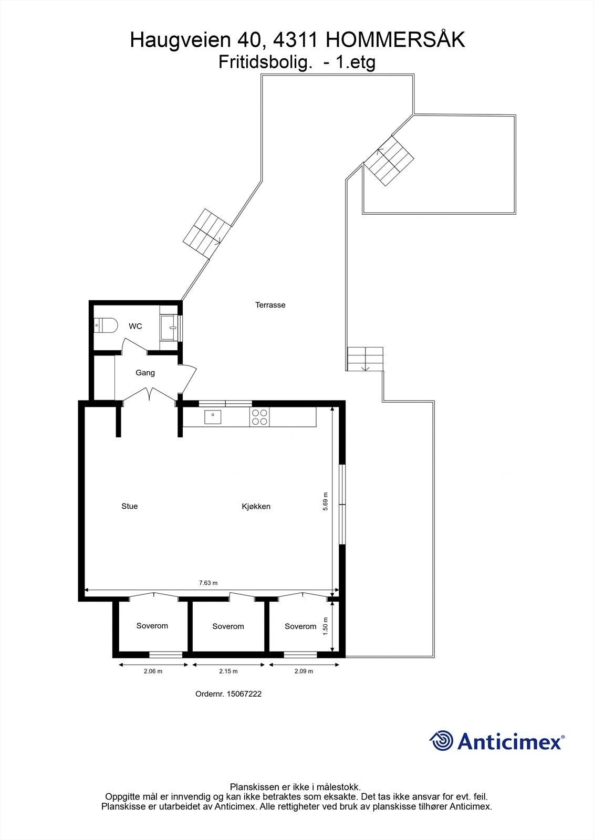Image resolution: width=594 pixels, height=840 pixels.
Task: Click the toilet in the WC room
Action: pos(105,325)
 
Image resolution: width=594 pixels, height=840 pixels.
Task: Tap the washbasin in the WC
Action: pos(170,328)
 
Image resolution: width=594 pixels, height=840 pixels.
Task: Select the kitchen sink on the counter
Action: pos(213,417)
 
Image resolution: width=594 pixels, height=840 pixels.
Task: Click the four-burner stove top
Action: pos(260,417)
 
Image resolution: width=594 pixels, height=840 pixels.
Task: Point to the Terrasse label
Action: pos(270,305)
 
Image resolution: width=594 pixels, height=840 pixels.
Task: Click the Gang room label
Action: pos(145,373)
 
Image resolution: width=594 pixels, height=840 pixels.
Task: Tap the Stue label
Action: pos(130,506)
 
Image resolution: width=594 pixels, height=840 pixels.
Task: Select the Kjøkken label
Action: pos(256,507)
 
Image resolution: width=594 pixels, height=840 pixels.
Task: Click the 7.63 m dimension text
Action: pos(209,583)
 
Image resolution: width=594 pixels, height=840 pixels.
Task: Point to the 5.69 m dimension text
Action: pos(326,501)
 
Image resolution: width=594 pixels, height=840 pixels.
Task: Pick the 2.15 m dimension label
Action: pos(228,671)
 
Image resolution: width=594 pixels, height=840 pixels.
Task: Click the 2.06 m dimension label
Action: pos(153,671)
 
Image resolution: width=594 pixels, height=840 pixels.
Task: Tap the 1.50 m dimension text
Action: pos(326,626)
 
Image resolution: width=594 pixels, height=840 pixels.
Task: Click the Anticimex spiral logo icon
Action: pos(441,741)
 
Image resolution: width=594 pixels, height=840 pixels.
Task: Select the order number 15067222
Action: pos(244,694)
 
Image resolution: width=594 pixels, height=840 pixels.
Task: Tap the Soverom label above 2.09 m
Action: pos(300,626)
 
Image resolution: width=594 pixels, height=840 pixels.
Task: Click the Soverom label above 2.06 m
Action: pos(152,626)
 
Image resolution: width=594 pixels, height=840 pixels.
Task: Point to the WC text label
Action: pos(136,327)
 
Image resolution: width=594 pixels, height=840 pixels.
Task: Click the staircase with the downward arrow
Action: pos(365,359)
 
